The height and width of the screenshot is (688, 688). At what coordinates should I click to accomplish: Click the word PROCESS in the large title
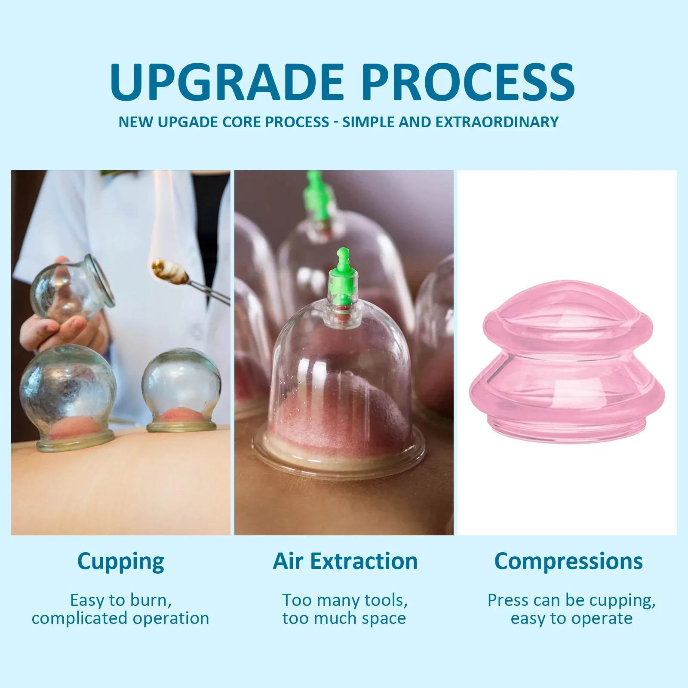click(x=468, y=82)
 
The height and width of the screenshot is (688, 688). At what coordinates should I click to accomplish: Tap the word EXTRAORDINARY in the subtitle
click(x=497, y=122)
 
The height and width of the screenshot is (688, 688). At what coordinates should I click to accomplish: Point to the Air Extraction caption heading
click(x=345, y=561)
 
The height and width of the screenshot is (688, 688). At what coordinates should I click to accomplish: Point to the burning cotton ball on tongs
click(x=169, y=271)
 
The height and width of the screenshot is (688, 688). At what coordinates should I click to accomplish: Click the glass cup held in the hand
click(x=72, y=288)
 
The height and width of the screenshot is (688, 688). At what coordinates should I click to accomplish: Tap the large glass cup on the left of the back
click(x=68, y=398)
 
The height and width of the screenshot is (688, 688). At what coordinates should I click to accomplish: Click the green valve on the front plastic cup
click(x=343, y=275)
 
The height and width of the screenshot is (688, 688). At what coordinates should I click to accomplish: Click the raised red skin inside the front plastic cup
click(x=340, y=413)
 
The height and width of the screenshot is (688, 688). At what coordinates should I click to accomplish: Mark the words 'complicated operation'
click(x=120, y=618)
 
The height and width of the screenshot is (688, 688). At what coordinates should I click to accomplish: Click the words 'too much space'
click(x=344, y=618)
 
